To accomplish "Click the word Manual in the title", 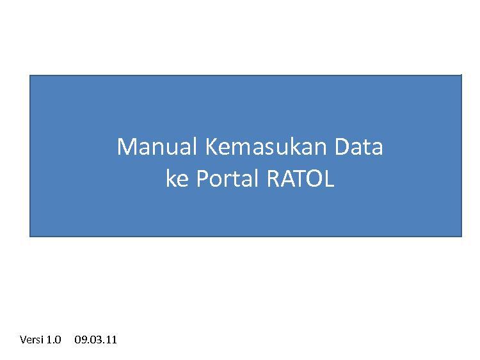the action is click(156, 147).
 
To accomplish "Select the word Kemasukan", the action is click(265, 147).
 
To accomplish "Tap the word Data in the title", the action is click(359, 147).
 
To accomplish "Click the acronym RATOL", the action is click(300, 178).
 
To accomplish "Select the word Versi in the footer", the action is click(31, 340).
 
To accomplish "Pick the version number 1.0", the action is click(54, 340).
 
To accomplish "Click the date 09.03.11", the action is click(95, 340).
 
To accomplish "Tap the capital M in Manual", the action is click(126, 147).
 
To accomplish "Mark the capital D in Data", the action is click(342, 147).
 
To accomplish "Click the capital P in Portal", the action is click(202, 178).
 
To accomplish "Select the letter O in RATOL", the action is click(312, 178).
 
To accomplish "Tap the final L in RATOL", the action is click(329, 178).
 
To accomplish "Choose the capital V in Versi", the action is click(23, 340).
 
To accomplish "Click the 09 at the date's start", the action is click(79, 340).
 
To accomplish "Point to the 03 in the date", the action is click(94, 340).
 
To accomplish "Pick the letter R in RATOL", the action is click(273, 178).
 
